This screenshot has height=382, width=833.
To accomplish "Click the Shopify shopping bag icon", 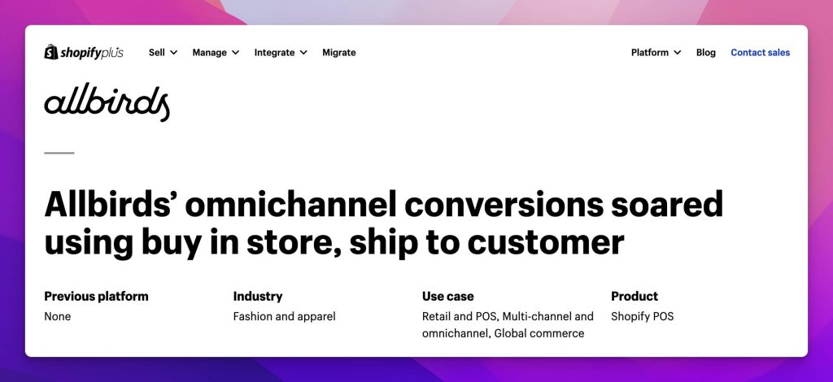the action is pos(51,52).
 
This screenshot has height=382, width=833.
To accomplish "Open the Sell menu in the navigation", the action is pos(163,53).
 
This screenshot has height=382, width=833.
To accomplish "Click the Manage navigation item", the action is pos(216,53).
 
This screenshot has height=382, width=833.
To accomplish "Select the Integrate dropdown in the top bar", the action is pos(281,53).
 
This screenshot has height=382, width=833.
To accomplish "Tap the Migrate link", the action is pos(339,53).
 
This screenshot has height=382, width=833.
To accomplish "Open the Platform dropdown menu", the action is pos(656,53).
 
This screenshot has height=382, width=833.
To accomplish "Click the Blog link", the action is pos(706,53).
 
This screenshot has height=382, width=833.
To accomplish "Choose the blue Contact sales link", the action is pos(761,53).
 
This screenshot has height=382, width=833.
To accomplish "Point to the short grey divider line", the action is pos(59,153).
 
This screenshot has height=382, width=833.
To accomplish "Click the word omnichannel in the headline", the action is pos(291,204).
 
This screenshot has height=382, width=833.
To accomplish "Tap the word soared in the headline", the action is pos(667,204).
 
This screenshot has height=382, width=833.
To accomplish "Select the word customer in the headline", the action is pos(546,242).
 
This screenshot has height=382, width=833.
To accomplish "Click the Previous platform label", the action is pos(96,296).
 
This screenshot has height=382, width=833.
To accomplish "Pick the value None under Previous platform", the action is pos(58,317).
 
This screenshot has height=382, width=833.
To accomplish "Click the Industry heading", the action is pos(258,297).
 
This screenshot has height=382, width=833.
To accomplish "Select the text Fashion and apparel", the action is pos(284,317).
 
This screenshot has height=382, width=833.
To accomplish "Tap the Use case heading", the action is pos(448,296).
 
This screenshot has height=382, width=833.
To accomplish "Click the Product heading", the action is pos(635,296).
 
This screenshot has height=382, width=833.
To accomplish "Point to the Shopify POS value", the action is pos(643,317).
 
